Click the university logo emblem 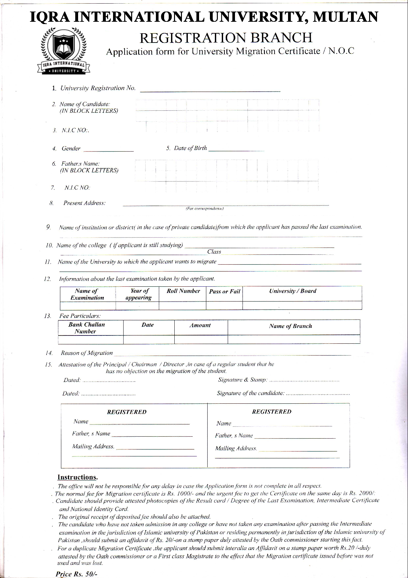[63, 50]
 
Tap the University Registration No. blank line [210, 90]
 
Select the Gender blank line [108, 150]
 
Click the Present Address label [84, 203]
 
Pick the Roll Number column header [183, 291]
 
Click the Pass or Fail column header [224, 291]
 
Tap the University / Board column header [292, 291]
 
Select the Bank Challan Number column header [86, 328]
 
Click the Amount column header [200, 325]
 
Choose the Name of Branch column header [290, 326]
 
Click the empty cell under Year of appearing [137, 305]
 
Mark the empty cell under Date [149, 339]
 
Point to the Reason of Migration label [87, 353]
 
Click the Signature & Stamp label [243, 380]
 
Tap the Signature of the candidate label [250, 393]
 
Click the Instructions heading [77, 477]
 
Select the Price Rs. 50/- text [76, 574]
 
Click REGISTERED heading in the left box [127, 412]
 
